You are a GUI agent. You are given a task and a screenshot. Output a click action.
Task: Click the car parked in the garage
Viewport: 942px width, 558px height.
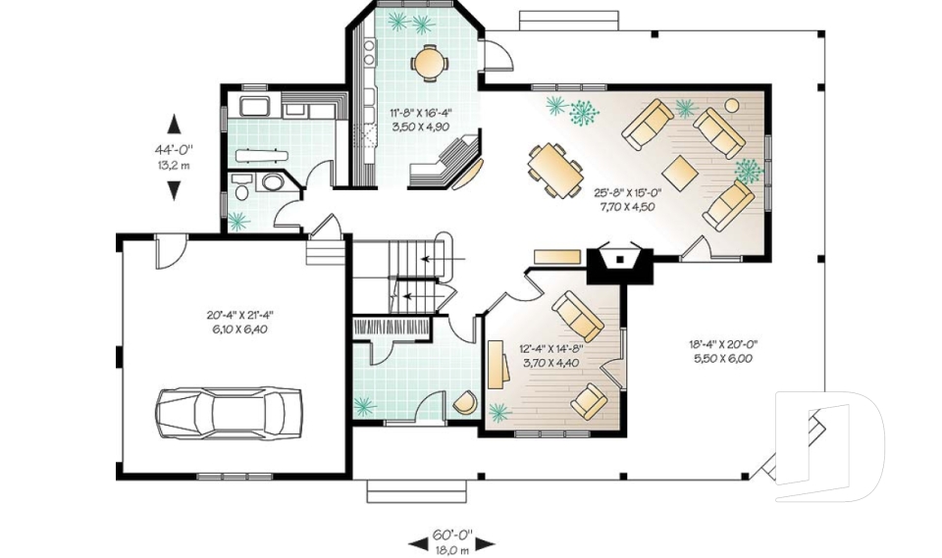[229, 413]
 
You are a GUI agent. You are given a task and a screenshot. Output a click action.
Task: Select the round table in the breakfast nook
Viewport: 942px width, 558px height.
[429, 62]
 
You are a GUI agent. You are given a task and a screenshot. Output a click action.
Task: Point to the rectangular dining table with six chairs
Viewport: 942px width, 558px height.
[555, 171]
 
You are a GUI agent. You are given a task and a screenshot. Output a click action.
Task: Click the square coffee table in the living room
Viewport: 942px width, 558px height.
[679, 173]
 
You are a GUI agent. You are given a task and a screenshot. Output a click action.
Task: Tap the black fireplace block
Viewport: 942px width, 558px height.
[619, 263]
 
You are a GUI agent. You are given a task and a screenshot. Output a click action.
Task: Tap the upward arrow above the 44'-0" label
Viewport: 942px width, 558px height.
[175, 124]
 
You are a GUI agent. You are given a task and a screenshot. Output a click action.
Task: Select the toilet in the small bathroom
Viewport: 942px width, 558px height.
[241, 192]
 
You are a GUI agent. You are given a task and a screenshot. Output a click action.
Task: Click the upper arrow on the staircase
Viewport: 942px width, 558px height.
[444, 260]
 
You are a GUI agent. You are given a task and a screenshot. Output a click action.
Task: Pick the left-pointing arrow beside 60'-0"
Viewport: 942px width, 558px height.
[418, 544]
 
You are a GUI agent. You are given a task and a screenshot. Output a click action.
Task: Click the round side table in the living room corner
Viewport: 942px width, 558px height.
[732, 106]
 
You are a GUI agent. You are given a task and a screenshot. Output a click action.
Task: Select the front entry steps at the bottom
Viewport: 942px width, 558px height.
[416, 490]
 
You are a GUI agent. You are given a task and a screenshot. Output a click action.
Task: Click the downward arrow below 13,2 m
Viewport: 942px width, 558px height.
[175, 190]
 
